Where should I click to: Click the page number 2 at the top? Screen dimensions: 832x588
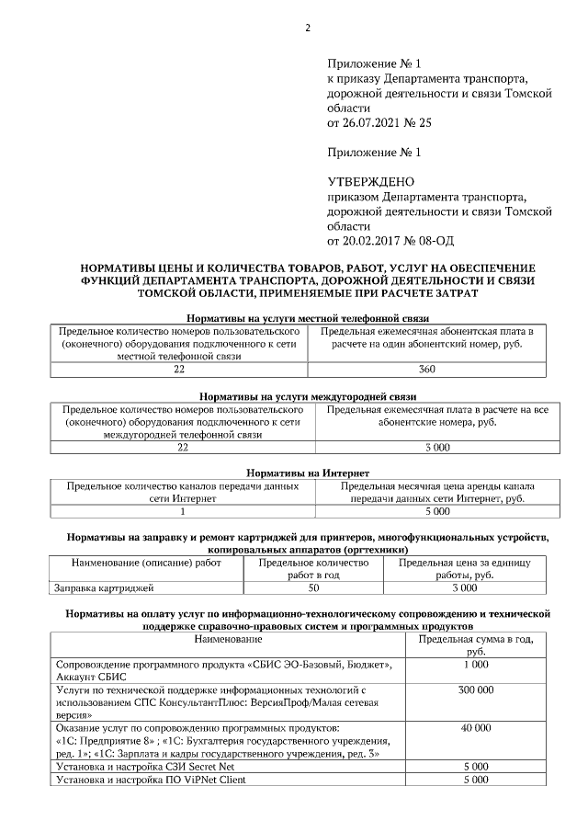[x=309, y=28]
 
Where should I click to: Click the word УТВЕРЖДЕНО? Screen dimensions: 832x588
[x=371, y=181]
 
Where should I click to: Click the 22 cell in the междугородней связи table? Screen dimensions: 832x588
[x=182, y=447]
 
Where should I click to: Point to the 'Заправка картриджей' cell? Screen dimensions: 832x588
[x=105, y=587]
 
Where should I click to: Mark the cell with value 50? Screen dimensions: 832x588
[x=313, y=587]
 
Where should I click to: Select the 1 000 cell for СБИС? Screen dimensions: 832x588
[x=476, y=664]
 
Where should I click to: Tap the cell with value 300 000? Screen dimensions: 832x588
[x=476, y=689]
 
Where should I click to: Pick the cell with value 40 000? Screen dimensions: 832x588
[x=476, y=727]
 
